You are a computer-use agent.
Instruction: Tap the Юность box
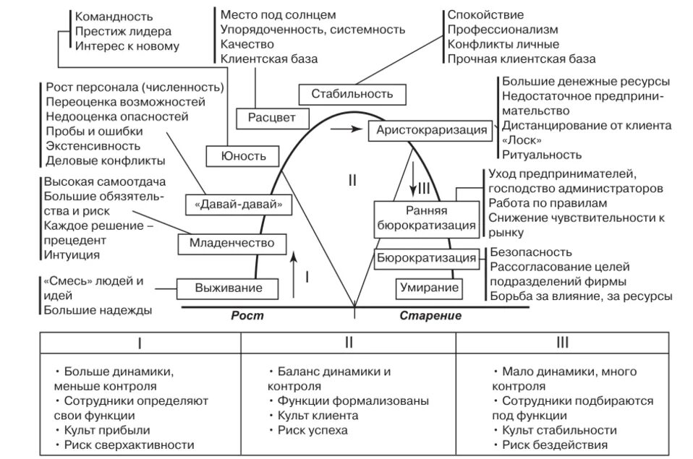[245, 155]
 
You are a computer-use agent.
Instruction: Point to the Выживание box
[227, 288]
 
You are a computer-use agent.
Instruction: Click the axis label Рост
[247, 316]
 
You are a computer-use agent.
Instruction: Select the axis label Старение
[430, 316]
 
